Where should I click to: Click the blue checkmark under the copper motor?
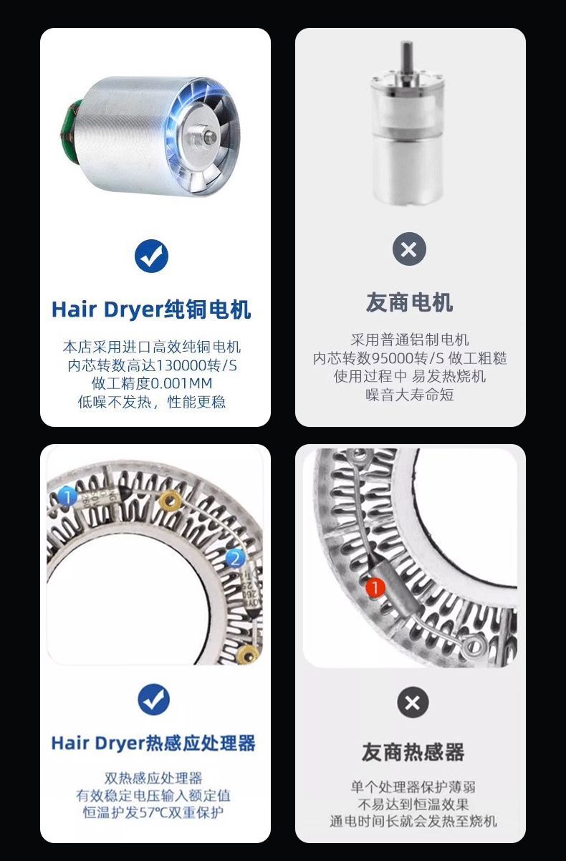[151, 256]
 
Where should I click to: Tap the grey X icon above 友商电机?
[409, 249]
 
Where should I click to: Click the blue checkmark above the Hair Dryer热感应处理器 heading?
[153, 700]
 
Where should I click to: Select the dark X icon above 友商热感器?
[413, 702]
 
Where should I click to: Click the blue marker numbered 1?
[67, 496]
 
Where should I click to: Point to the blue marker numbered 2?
[235, 558]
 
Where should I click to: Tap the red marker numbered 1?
[375, 587]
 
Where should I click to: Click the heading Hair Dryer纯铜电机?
[151, 310]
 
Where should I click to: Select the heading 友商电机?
[409, 302]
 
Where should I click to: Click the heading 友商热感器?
[413, 752]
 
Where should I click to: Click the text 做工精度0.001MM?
[151, 383]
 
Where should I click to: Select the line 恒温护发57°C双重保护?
[153, 812]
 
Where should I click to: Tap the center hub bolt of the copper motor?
[208, 136]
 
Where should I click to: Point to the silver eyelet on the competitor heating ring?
[474, 646]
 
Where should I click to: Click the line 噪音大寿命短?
[410, 395]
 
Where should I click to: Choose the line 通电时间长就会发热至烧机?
[413, 821]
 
